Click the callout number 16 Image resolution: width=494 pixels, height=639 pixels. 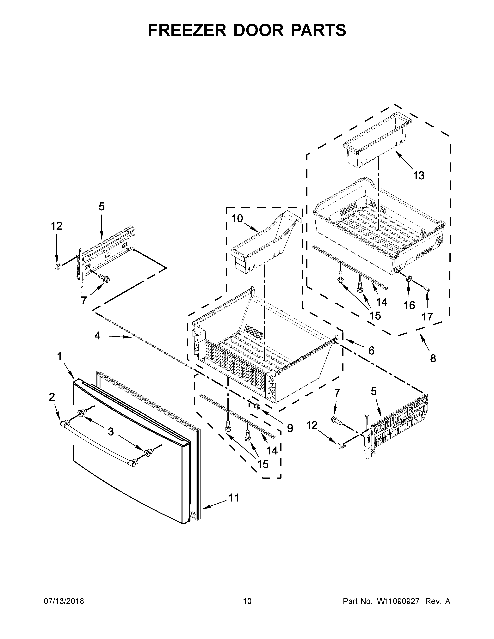coord(409,305)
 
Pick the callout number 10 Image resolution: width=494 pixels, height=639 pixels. coord(237,218)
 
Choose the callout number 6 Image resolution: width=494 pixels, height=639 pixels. coord(371,350)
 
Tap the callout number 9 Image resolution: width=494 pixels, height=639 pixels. coord(290,428)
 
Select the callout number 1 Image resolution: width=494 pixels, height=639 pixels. coord(59,356)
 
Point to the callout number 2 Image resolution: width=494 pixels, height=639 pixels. coord(52,397)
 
